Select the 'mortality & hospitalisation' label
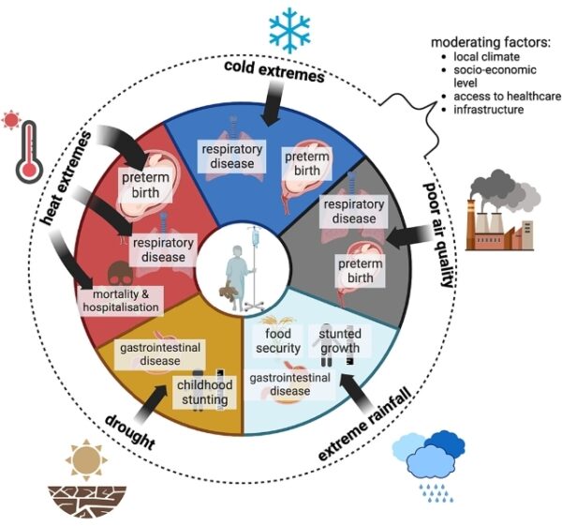click(x=119, y=300)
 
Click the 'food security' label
click(x=279, y=341)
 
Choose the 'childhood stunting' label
click(x=202, y=393)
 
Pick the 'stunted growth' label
click(x=339, y=341)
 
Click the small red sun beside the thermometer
click(x=11, y=120)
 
